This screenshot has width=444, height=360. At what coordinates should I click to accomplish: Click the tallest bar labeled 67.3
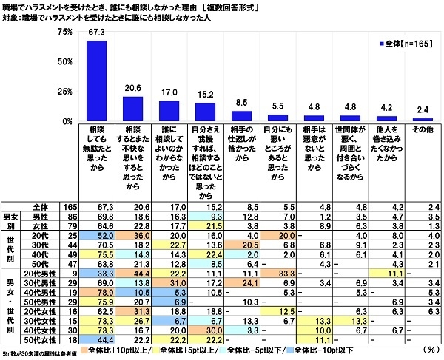coord(96,81)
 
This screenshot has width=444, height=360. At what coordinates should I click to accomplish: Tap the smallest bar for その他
coord(422,119)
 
